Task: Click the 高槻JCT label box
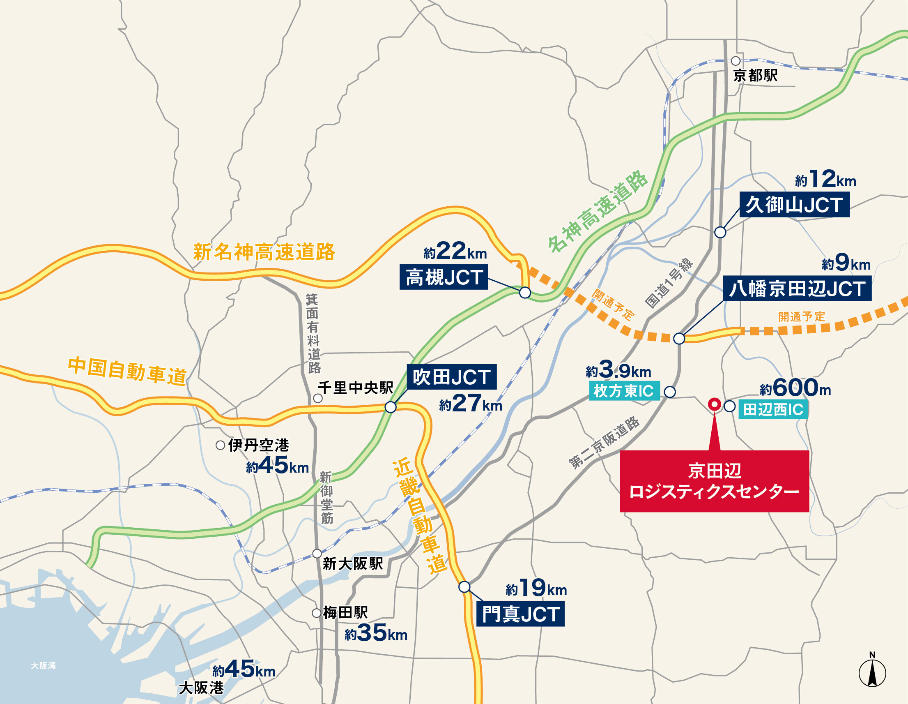tap(443, 277)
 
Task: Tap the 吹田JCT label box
tap(451, 377)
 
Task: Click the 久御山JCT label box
tap(794, 205)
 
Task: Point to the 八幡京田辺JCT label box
tap(797, 289)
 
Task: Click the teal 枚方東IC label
tap(624, 391)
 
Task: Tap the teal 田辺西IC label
tap(773, 409)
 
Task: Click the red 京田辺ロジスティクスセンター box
tap(714, 481)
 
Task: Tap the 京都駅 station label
tap(755, 76)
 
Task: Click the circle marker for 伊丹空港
tap(221, 445)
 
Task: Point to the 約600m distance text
tap(795, 388)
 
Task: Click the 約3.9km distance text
tap(618, 369)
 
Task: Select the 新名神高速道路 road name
tap(264, 252)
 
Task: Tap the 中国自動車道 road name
tap(127, 371)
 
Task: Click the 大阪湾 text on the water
tap(43, 666)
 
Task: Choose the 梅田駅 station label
tap(345, 612)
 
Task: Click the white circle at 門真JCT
tap(464, 587)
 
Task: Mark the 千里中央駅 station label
tap(356, 388)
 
